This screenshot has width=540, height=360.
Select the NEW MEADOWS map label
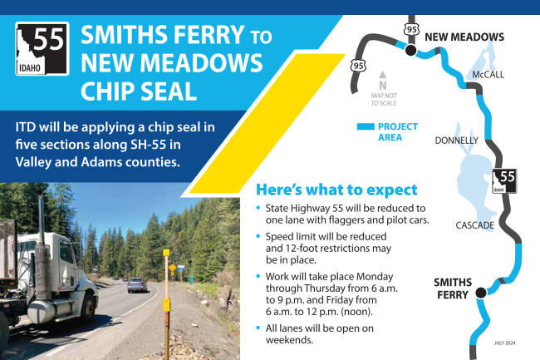point(464,37)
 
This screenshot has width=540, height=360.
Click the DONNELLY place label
point(456,141)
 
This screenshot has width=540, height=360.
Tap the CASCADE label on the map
point(475,225)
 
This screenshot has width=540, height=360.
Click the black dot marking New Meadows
point(410,51)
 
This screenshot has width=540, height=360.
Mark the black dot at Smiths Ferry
point(479,293)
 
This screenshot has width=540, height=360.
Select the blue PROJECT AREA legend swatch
point(364,127)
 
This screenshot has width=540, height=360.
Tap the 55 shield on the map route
point(506,180)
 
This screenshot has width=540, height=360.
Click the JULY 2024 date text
point(503,342)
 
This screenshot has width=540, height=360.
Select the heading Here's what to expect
point(336,189)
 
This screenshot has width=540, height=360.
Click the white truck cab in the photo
point(58,270)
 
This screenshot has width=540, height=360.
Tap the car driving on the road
point(138,285)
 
